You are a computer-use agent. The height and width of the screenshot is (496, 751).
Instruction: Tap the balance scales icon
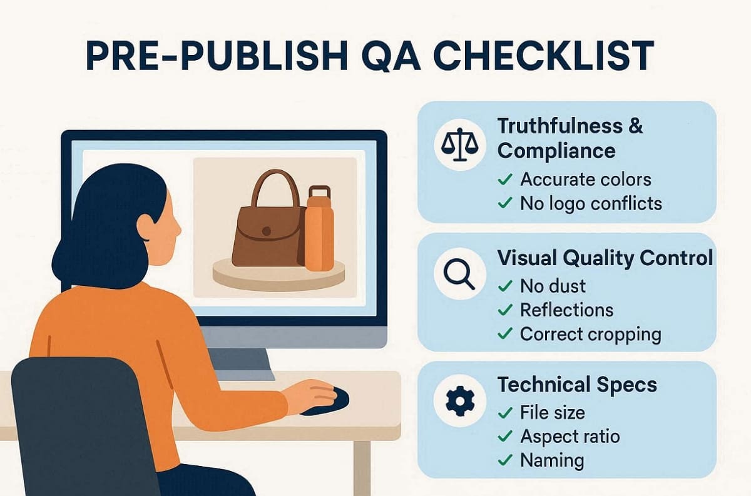459,145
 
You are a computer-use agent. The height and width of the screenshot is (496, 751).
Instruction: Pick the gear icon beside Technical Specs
459,401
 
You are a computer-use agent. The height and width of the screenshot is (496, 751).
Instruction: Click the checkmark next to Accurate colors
505,180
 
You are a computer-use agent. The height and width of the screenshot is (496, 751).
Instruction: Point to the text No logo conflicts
590,203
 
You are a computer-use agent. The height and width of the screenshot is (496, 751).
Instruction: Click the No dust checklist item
553,286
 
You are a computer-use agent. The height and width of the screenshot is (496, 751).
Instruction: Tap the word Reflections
566,310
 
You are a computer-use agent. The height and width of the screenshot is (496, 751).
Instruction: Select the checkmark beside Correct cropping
505,334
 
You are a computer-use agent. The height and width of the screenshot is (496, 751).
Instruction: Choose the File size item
553,413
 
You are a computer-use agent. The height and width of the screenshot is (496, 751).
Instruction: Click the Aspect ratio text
570,437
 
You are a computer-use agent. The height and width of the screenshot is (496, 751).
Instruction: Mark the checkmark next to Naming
505,461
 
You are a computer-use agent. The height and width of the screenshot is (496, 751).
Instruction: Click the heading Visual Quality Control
605,258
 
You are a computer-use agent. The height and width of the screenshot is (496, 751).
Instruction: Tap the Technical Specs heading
577,385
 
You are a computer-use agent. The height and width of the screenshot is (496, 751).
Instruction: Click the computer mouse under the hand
332,400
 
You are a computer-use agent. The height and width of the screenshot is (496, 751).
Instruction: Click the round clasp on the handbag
267,231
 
